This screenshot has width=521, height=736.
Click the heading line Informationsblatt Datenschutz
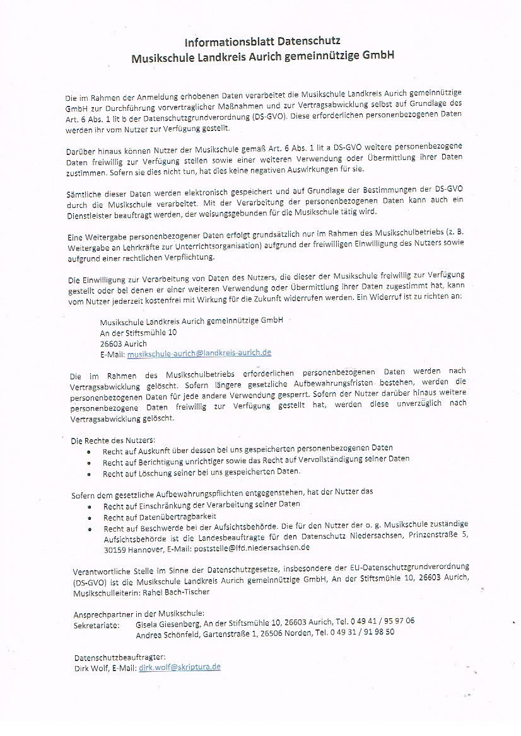tap(262, 42)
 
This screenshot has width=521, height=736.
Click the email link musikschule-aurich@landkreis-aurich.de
tap(199, 354)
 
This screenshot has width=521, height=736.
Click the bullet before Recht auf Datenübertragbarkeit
tap(90, 517)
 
